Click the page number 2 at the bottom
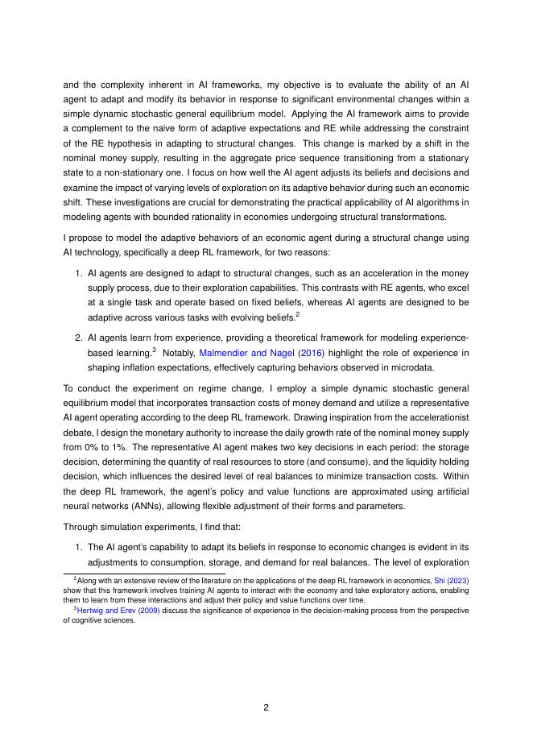[266, 707]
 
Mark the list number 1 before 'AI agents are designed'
[78, 274]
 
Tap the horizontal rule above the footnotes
[144, 574]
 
